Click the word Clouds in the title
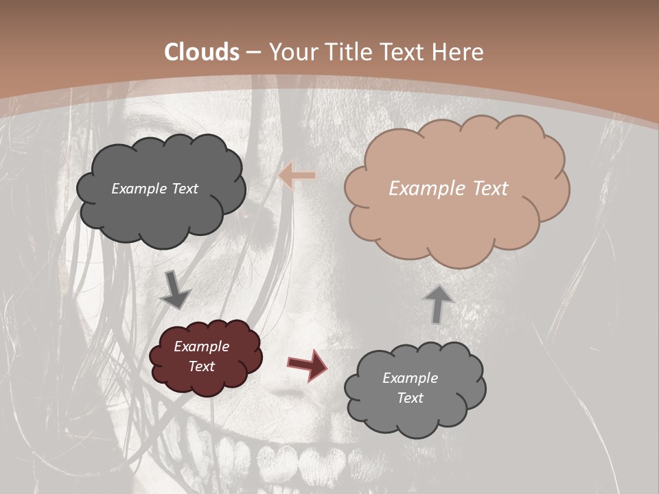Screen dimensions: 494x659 coord(202,52)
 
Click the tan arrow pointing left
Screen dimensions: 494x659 coord(297,176)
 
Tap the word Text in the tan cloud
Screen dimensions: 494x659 coord(490,189)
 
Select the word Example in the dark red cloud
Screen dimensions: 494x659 coord(202,346)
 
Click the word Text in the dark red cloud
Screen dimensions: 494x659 coord(202,366)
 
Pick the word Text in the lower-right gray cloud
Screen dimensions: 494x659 coord(410,398)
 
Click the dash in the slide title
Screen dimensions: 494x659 coord(253,52)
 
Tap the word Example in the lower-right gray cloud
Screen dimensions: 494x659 coord(410,378)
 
